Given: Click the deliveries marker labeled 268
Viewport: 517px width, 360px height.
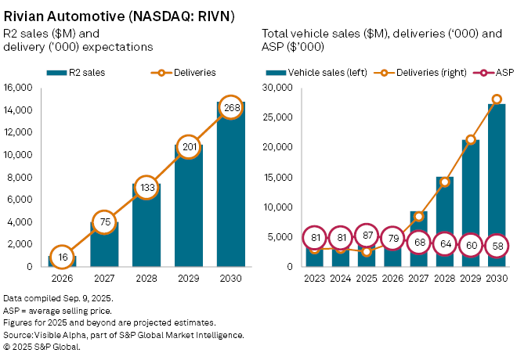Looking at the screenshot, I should (230, 107).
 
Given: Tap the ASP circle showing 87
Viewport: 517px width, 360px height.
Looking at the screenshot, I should (366, 236).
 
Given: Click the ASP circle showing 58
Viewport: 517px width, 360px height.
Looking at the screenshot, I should (497, 246).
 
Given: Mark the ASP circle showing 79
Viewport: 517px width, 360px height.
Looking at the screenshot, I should (392, 239).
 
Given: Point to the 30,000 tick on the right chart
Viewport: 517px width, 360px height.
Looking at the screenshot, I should (279, 87).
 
